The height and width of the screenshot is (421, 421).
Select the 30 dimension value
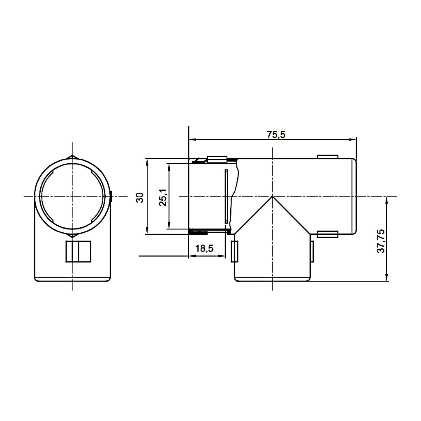pyautogui.click(x=140, y=197)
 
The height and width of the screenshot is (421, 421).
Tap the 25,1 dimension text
pyautogui.click(x=163, y=197)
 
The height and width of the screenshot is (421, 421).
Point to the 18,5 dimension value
pyautogui.click(x=204, y=249)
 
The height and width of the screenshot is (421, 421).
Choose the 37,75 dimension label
pyautogui.click(x=381, y=241)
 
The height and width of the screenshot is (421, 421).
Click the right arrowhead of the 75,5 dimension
pyautogui.click(x=353, y=139)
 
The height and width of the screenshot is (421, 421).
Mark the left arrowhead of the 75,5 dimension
pyautogui.click(x=192, y=139)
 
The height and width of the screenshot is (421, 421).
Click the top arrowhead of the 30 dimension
pyautogui.click(x=147, y=162)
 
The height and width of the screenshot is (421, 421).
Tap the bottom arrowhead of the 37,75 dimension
pyautogui.click(x=386, y=278)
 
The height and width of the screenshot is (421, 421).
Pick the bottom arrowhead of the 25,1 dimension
pyautogui.click(x=169, y=225)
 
